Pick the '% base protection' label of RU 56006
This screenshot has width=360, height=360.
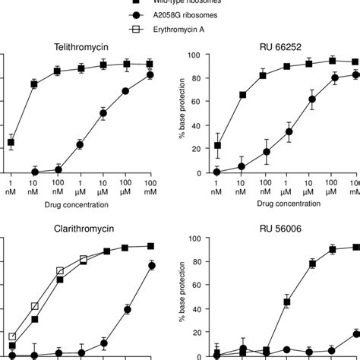pyautogui.click(x=177, y=296)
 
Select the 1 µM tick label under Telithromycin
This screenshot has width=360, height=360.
pyautogui.click(x=81, y=189)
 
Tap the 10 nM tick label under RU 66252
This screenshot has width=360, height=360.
pyautogui.click(x=241, y=189)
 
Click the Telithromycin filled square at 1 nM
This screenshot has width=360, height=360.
pyautogui.click(x=11, y=142)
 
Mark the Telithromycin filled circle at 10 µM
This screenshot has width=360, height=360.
pyautogui.click(x=103, y=114)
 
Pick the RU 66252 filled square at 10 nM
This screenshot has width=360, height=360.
pyautogui.click(x=241, y=95)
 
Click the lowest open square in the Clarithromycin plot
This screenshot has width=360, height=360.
pyautogui.click(x=11, y=336)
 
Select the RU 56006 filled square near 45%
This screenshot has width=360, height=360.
pyautogui.click(x=287, y=302)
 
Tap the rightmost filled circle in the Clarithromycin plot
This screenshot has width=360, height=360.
pyautogui.click(x=151, y=265)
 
